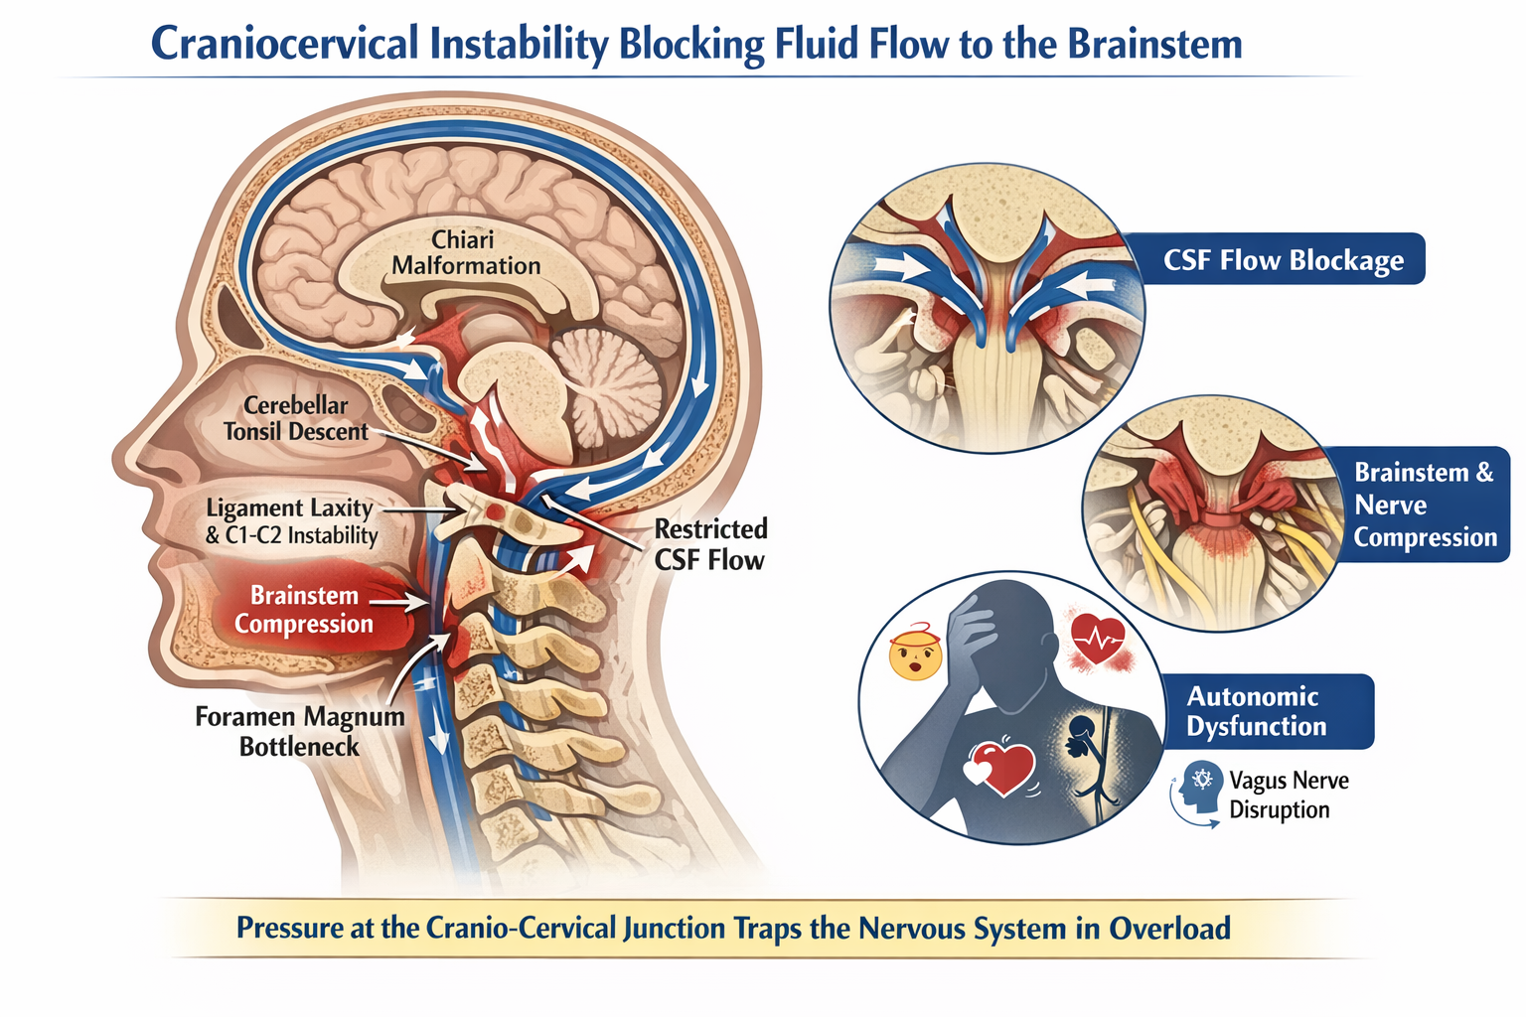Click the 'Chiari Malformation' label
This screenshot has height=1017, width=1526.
[465, 253]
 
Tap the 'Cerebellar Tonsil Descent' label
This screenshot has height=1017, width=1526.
[295, 418]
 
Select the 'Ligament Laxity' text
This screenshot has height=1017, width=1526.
[289, 508]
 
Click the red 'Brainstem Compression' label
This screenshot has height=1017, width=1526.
[303, 610]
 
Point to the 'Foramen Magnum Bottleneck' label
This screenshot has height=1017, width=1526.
[299, 731]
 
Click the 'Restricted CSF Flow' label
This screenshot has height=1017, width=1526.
[709, 544]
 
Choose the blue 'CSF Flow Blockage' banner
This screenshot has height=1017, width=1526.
[1283, 260]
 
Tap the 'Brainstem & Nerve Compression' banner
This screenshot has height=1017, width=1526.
[1425, 505]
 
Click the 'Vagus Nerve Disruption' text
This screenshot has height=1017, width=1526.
[1289, 795]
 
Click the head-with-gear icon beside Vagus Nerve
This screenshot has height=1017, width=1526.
[1200, 788]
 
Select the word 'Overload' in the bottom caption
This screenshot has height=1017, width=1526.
[1169, 929]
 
